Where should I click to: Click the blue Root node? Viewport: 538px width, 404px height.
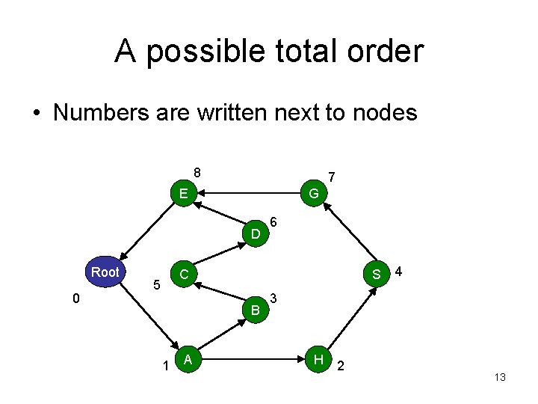pyautogui.click(x=105, y=272)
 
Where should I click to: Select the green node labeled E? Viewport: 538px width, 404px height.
pyautogui.click(x=182, y=194)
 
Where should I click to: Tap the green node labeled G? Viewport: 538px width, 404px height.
pyautogui.click(x=314, y=194)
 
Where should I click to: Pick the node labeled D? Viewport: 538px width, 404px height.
pyautogui.click(x=256, y=234)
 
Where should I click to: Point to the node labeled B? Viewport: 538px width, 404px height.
pyautogui.click(x=256, y=309)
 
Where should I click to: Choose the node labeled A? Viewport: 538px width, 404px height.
pyautogui.click(x=189, y=360)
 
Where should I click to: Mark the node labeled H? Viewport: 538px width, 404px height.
pyautogui.click(x=319, y=360)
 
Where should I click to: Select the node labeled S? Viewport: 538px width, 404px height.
pyautogui.click(x=377, y=274)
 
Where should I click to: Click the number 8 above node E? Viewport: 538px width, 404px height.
pyautogui.click(x=197, y=172)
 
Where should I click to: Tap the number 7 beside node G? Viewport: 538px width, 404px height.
pyautogui.click(x=332, y=177)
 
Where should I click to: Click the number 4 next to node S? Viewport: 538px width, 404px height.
pyautogui.click(x=401, y=269)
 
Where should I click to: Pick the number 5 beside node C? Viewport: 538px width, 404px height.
pyautogui.click(x=156, y=285)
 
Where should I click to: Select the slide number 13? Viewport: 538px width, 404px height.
pyautogui.click(x=500, y=378)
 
